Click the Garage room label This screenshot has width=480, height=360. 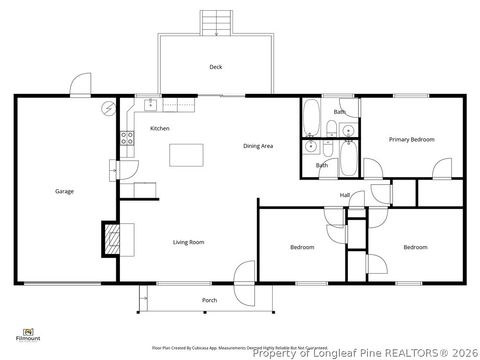(64, 191)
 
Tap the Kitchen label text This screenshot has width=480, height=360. (159, 129)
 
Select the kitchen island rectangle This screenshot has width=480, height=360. (185, 154)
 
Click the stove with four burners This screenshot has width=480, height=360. (128, 140)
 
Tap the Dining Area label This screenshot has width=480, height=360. (258, 146)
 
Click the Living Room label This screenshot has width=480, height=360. (189, 242)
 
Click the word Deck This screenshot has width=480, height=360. (215, 67)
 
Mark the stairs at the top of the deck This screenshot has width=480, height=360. (215, 22)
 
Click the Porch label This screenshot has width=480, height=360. (209, 300)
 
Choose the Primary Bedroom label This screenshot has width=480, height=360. (412, 140)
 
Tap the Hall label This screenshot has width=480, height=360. (344, 195)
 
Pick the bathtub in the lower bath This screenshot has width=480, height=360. (349, 160)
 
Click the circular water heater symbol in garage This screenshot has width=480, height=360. (109, 107)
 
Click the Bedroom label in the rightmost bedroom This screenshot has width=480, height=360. (415, 247)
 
